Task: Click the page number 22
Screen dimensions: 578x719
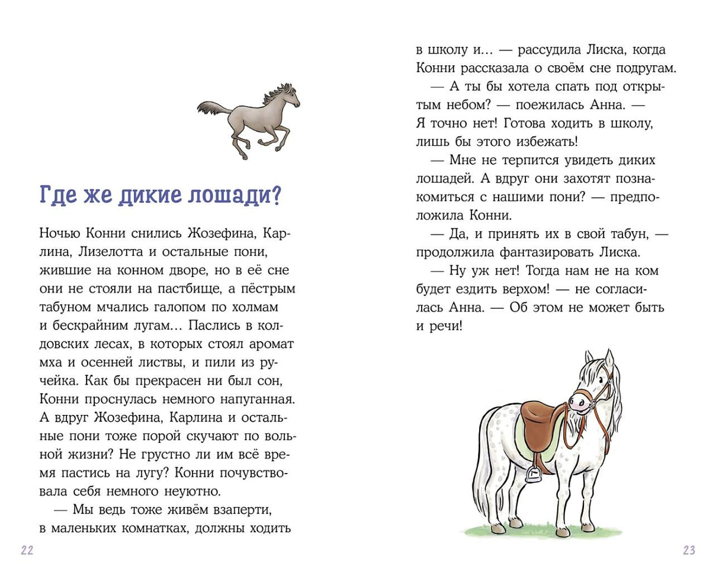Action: (x=27, y=550)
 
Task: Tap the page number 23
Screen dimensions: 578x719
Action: (x=689, y=550)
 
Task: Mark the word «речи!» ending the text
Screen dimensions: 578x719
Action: (x=448, y=326)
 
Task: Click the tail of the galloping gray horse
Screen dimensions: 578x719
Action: (x=211, y=108)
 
